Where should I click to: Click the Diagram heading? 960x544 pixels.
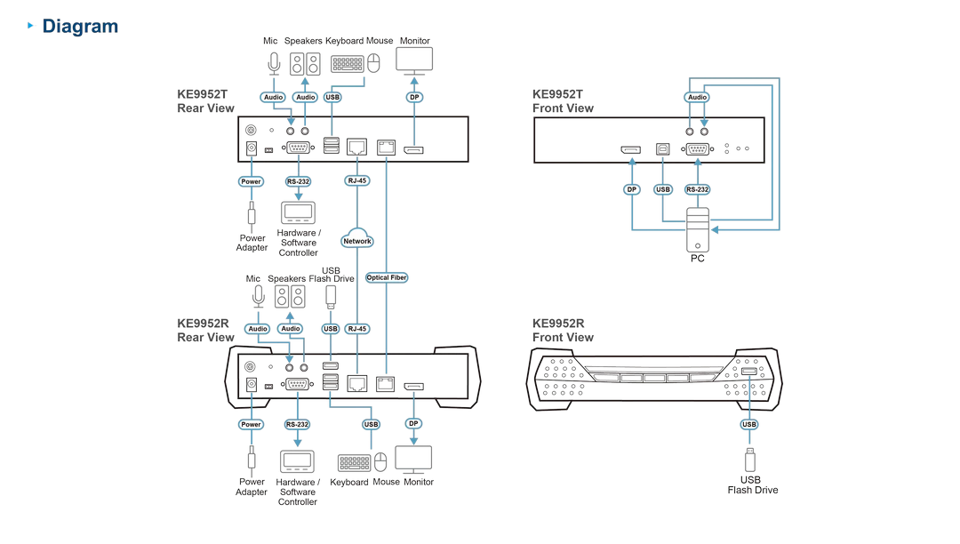click(x=80, y=27)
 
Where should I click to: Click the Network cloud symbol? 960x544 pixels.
click(x=357, y=238)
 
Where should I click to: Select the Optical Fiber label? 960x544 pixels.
click(x=387, y=278)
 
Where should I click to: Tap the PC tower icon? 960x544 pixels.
click(x=698, y=230)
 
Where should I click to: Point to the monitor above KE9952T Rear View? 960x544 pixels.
click(x=414, y=60)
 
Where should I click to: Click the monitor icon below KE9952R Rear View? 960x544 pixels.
click(x=413, y=460)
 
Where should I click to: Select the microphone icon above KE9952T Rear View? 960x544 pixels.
click(x=274, y=63)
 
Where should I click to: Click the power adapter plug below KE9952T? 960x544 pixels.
click(x=251, y=214)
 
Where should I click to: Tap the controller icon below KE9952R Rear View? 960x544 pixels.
click(x=297, y=462)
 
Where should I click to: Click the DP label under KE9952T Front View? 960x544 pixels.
click(x=631, y=189)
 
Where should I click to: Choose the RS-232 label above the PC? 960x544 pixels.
click(x=698, y=189)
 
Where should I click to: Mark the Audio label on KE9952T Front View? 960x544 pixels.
click(x=697, y=97)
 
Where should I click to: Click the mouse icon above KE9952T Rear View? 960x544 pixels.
click(x=373, y=63)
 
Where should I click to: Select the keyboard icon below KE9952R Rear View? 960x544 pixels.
click(x=354, y=462)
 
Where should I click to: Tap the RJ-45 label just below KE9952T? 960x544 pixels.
click(x=357, y=180)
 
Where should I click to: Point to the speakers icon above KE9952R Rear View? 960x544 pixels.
click(x=290, y=297)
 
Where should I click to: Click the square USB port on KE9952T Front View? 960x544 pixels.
click(x=662, y=148)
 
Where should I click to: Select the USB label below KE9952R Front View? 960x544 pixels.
click(x=749, y=424)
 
